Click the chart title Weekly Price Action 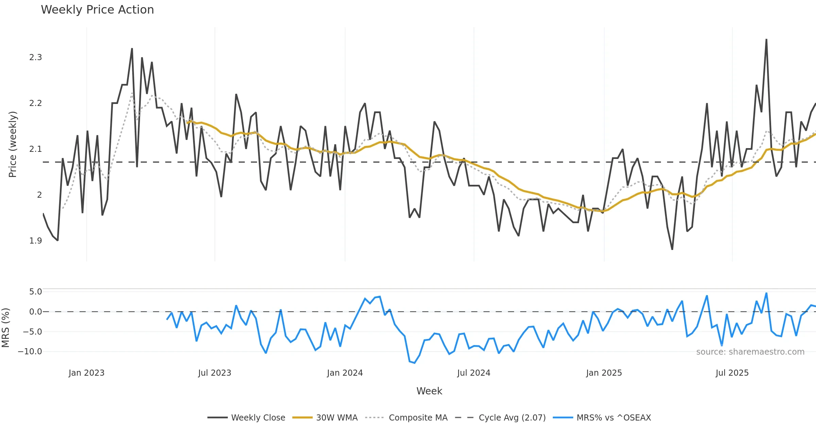(x=97, y=10)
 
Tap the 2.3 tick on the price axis (x=36, y=57)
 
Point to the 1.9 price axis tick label (x=36, y=241)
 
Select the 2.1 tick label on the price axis (x=36, y=149)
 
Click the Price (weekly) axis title (x=13, y=144)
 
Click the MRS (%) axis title (x=6, y=328)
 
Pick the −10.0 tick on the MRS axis (x=30, y=352)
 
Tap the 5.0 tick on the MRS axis (x=35, y=292)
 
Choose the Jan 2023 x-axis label (x=86, y=373)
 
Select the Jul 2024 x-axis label (x=474, y=373)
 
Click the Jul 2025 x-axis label (x=732, y=373)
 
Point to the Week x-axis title (x=429, y=391)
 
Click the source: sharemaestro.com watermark (x=750, y=352)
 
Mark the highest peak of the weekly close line (x=766, y=40)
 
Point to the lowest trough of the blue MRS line (x=414, y=363)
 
